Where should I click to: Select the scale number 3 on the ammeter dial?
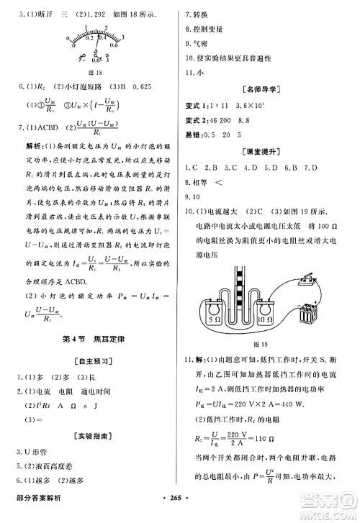pyautogui.click(x=107, y=27)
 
